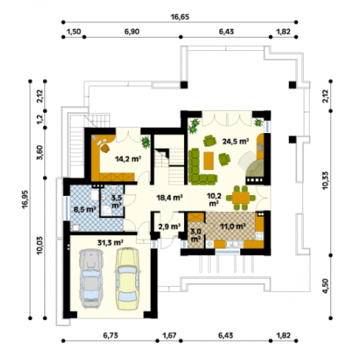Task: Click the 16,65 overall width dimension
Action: pyautogui.click(x=180, y=17)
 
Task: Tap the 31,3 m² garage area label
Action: pyautogui.click(x=110, y=242)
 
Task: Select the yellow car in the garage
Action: pyautogui.click(x=127, y=278)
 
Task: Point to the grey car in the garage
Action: pyautogui.click(x=91, y=278)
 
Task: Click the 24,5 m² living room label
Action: pyautogui.click(x=235, y=141)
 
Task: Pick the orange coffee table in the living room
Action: pyautogui.click(x=208, y=160)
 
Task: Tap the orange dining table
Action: pyautogui.click(x=240, y=198)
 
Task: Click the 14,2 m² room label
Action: pyautogui.click(x=128, y=158)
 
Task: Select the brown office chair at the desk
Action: pyautogui.click(x=105, y=148)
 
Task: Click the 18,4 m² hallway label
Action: pyautogui.click(x=169, y=197)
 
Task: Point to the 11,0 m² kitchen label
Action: pyautogui.click(x=233, y=226)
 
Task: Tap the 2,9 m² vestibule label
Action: pyautogui.click(x=169, y=226)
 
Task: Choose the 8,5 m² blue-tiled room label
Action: pyautogui.click(x=84, y=209)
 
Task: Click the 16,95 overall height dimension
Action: pyautogui.click(x=25, y=199)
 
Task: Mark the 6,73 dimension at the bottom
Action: pyautogui.click(x=110, y=335)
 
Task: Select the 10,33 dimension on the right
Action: pyautogui.click(x=325, y=180)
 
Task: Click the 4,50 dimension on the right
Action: pyautogui.click(x=325, y=286)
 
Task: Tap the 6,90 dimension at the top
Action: pyautogui.click(x=132, y=31)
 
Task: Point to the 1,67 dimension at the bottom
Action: pyautogui.click(x=169, y=335)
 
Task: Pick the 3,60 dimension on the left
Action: pyautogui.click(x=39, y=152)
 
